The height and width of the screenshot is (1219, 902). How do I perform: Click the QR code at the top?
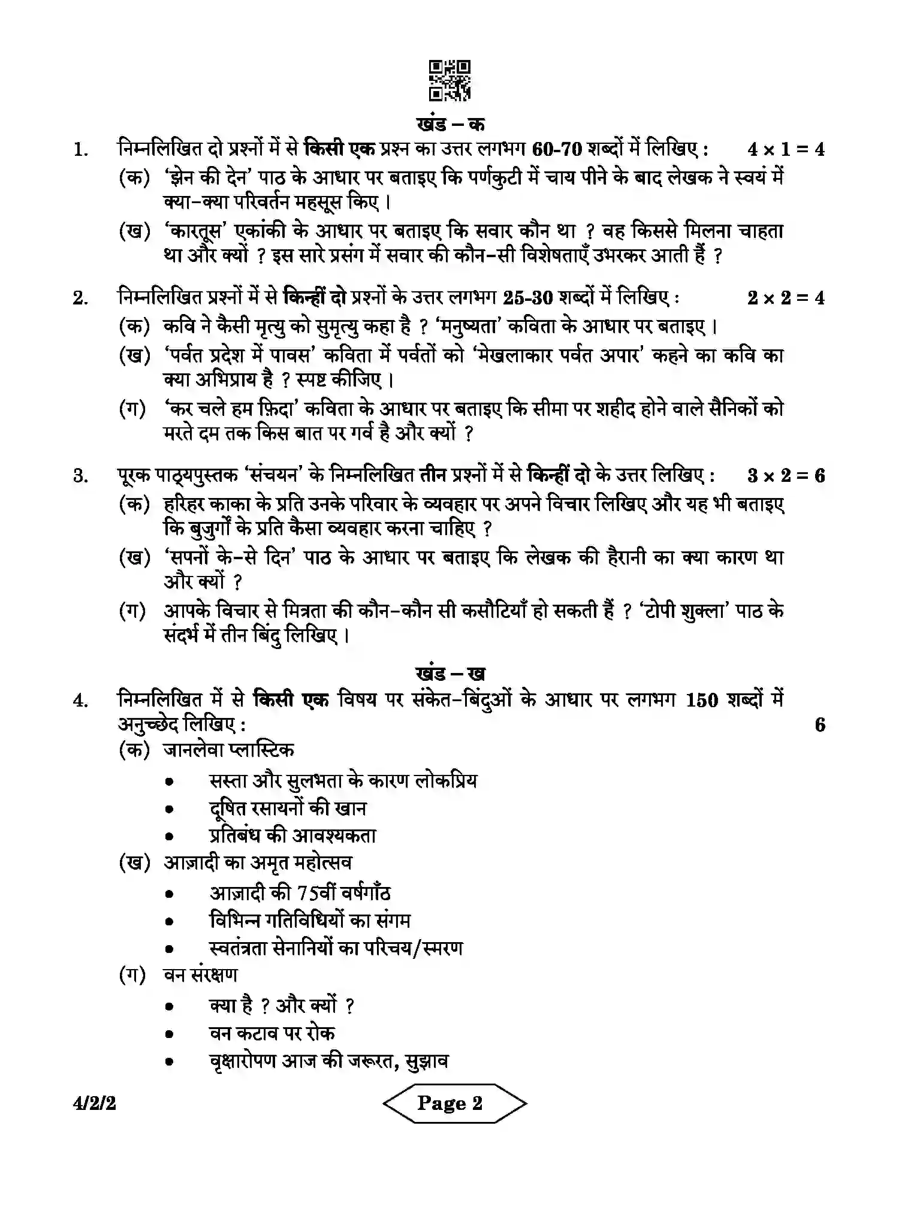(x=450, y=80)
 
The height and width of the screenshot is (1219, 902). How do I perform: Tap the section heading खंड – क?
(x=450, y=123)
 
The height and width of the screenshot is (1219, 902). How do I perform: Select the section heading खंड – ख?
(x=450, y=673)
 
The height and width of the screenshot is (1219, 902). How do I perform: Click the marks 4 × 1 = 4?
(x=786, y=149)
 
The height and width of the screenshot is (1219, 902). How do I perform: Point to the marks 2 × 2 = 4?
(x=786, y=297)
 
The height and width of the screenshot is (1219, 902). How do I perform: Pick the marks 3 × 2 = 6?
(x=786, y=476)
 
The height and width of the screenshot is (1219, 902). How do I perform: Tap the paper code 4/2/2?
(x=95, y=1103)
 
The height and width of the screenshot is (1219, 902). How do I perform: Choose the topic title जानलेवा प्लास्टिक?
(x=228, y=750)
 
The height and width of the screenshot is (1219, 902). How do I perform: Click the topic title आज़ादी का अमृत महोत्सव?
(x=258, y=863)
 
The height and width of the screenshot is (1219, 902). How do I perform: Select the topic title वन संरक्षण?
(x=200, y=975)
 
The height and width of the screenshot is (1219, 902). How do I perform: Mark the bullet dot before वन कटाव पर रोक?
(x=170, y=1034)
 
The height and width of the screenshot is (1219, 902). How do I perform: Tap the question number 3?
(x=80, y=476)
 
